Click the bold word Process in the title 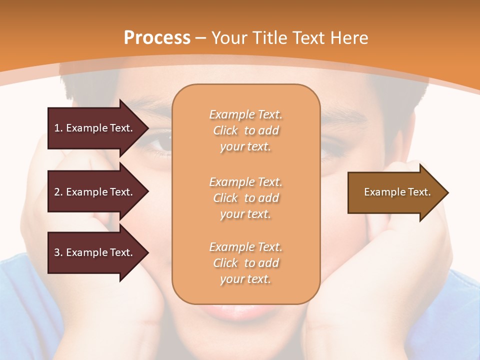tap(157, 38)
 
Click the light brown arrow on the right tap(395, 192)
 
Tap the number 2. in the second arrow tap(58, 192)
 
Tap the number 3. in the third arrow tap(58, 252)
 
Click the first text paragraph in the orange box tap(245, 130)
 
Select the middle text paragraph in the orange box tap(245, 198)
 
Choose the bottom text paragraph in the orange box tap(245, 263)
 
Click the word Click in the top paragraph tap(225, 130)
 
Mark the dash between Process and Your tap(200, 38)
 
